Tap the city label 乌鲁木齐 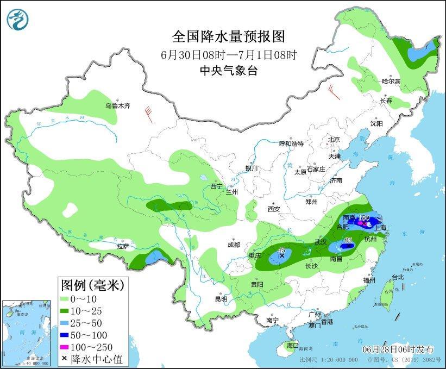[118, 106]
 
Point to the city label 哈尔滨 [390, 82]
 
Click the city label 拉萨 [123, 246]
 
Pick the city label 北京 [333, 140]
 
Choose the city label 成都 [234, 245]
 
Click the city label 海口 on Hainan [292, 345]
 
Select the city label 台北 [398, 277]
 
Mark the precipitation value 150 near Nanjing [364, 218]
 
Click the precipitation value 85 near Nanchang [349, 240]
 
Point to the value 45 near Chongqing [281, 249]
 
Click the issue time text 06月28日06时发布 [398, 347]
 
